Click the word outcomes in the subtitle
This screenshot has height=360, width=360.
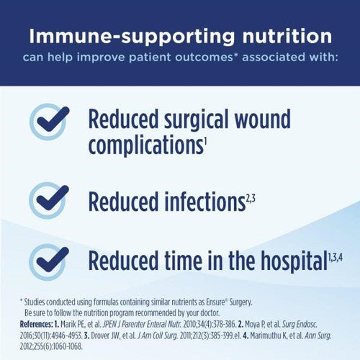click(194, 57)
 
